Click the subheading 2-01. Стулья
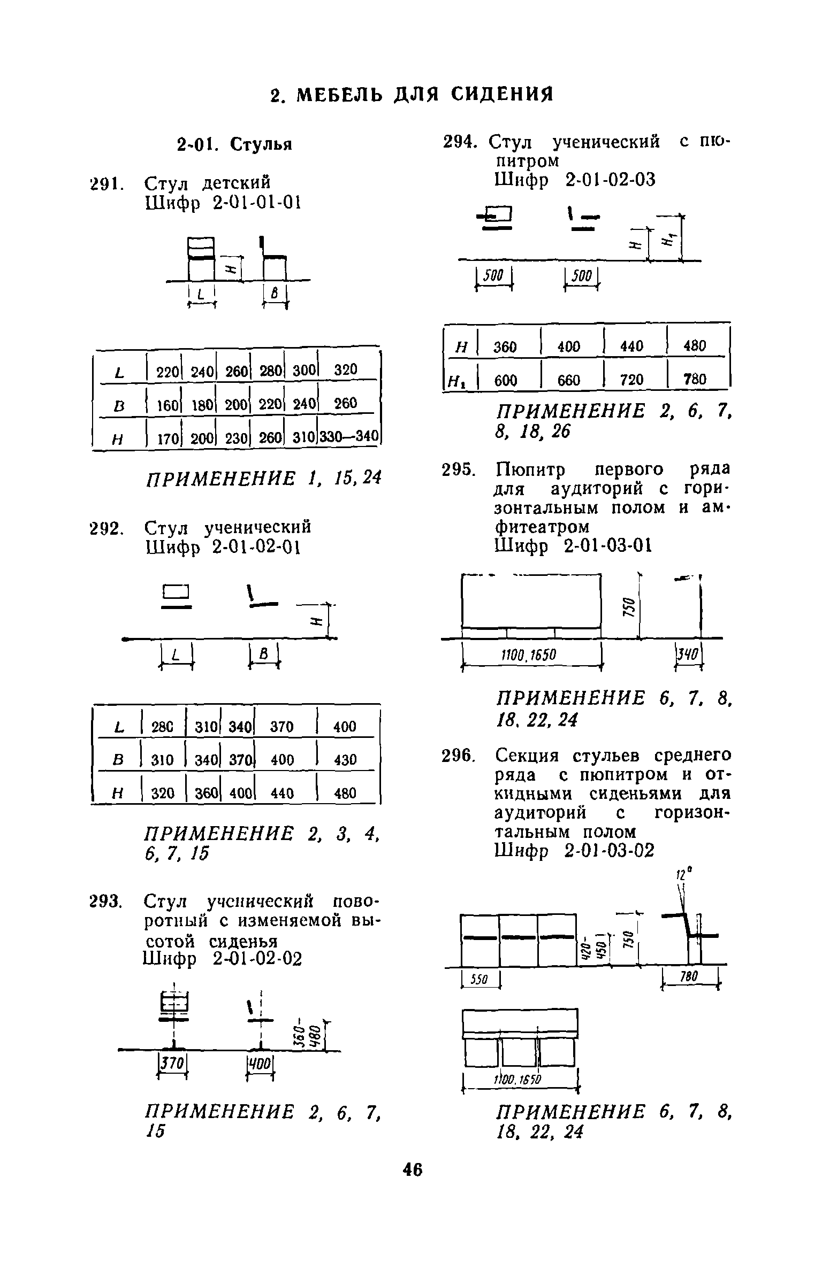point(234,144)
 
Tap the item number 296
point(458,756)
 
